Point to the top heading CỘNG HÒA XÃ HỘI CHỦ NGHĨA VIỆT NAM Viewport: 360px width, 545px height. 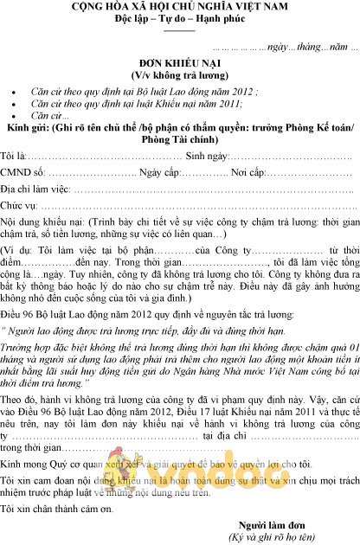coord(180,7)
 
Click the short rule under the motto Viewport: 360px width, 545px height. coord(180,29)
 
